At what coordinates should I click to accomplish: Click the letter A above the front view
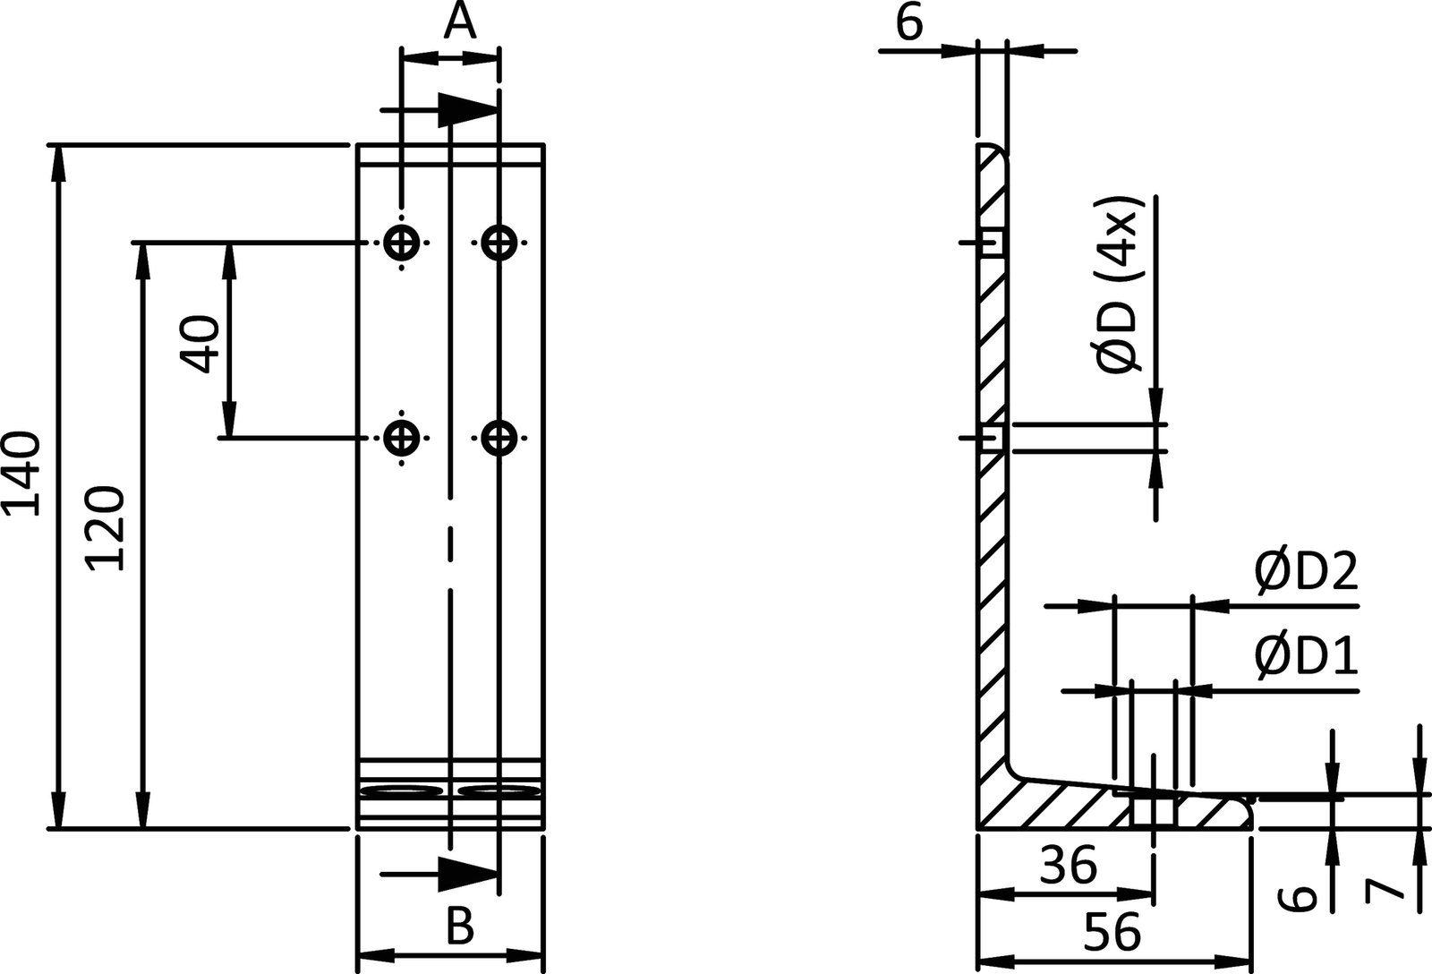click(x=459, y=21)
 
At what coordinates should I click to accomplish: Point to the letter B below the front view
click(x=459, y=927)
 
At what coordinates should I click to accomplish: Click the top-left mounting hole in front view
click(x=402, y=242)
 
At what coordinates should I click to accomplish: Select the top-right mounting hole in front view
click(x=499, y=242)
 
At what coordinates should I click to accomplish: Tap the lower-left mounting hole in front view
click(x=402, y=438)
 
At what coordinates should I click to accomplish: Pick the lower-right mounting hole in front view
click(x=499, y=438)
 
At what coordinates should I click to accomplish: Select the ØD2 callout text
click(x=1306, y=573)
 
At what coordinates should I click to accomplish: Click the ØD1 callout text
click(x=1306, y=657)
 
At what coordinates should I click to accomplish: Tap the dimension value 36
click(x=1069, y=866)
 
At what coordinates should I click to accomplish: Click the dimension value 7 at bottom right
click(x=1384, y=890)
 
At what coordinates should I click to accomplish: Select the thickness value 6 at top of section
click(x=908, y=23)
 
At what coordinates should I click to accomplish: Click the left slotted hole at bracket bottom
click(x=405, y=791)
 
